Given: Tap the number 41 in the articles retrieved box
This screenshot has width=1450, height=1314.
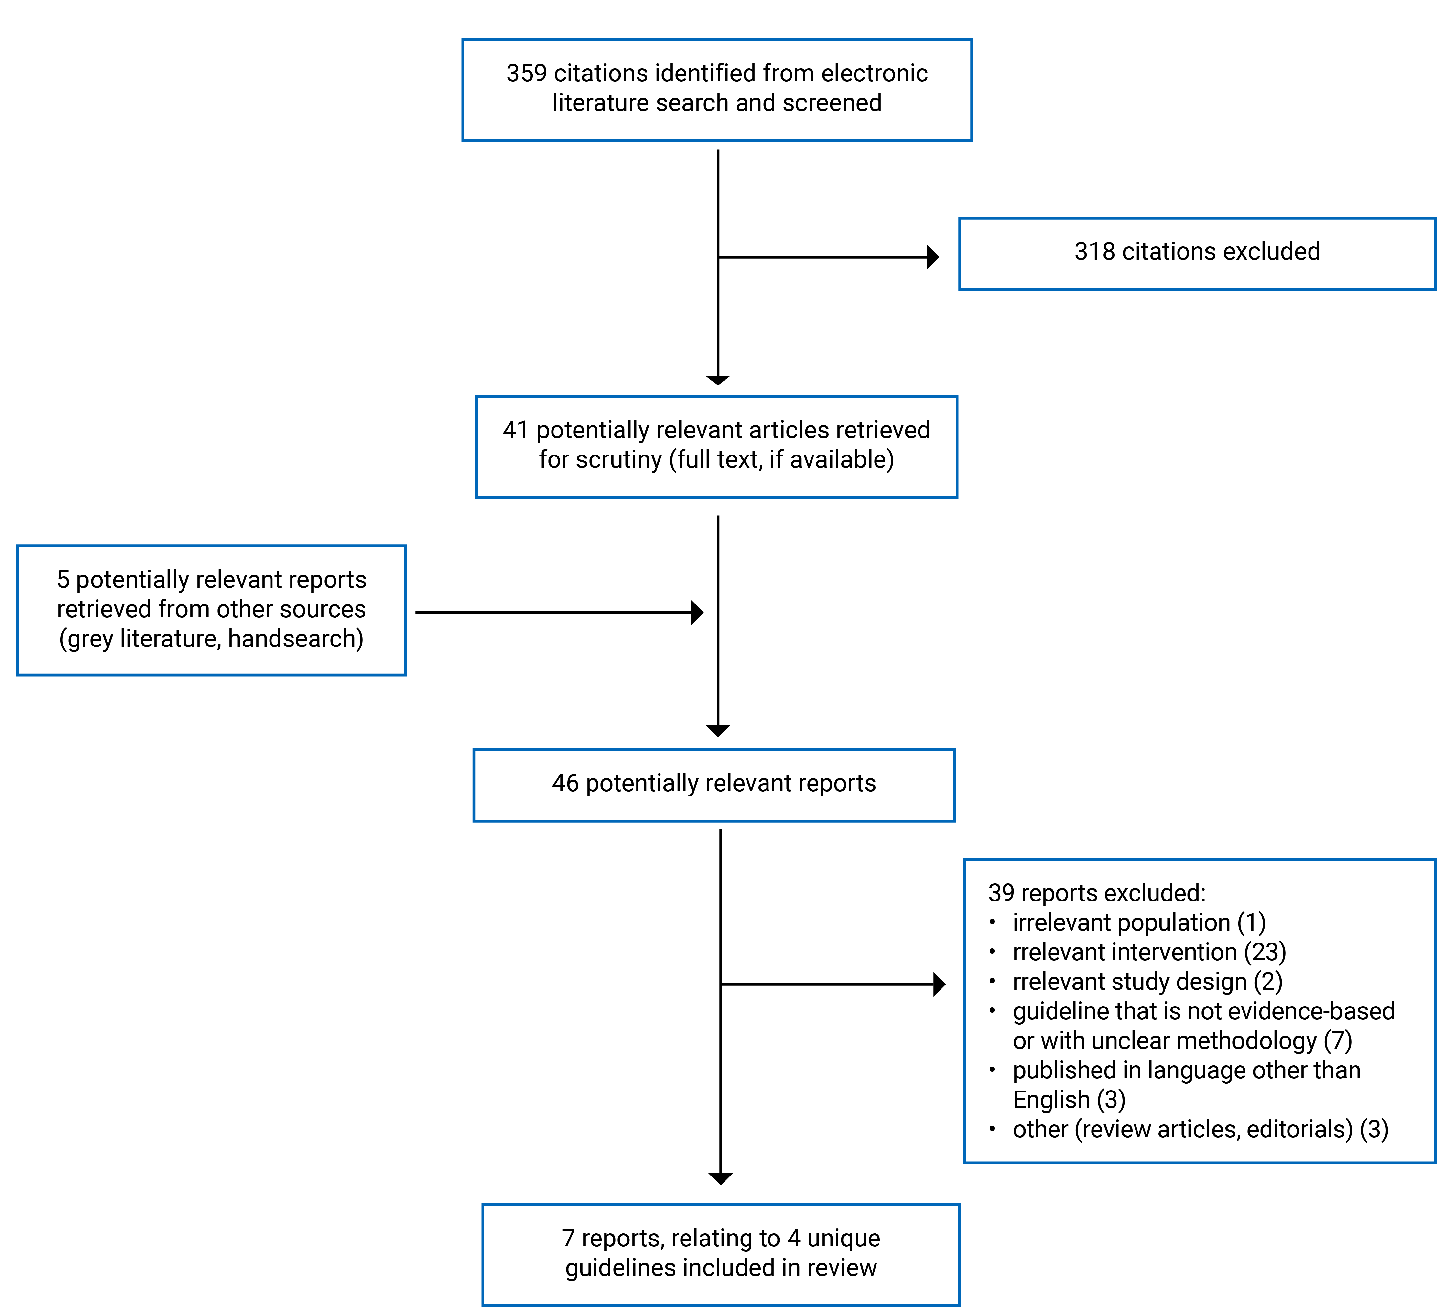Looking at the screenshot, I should pyautogui.click(x=515, y=430).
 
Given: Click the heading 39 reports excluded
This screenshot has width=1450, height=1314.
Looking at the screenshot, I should pyautogui.click(x=1096, y=893).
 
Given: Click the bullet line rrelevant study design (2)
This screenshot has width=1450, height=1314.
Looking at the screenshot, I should pyautogui.click(x=1147, y=982).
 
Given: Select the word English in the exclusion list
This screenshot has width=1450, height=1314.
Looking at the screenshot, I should pyautogui.click(x=1051, y=1100).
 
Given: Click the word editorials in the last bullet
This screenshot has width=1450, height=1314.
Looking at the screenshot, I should pyautogui.click(x=1299, y=1129).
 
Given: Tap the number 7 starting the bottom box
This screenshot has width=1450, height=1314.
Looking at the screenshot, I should pyautogui.click(x=568, y=1239).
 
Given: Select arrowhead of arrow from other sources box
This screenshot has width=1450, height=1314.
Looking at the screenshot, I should pyautogui.click(x=697, y=613).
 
